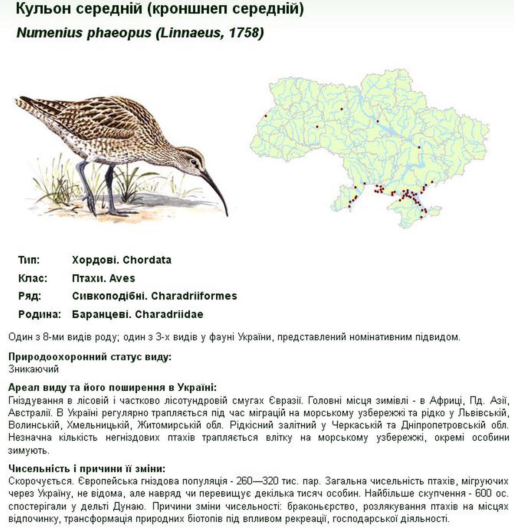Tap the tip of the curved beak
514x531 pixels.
point(226,215)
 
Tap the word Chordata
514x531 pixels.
point(147,260)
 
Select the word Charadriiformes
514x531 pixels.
point(194,296)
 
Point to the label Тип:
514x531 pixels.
point(29,260)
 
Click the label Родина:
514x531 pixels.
point(39,314)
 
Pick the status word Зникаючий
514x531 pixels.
point(34,369)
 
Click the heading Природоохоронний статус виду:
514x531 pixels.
point(90,357)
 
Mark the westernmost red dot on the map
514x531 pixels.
point(266,116)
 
